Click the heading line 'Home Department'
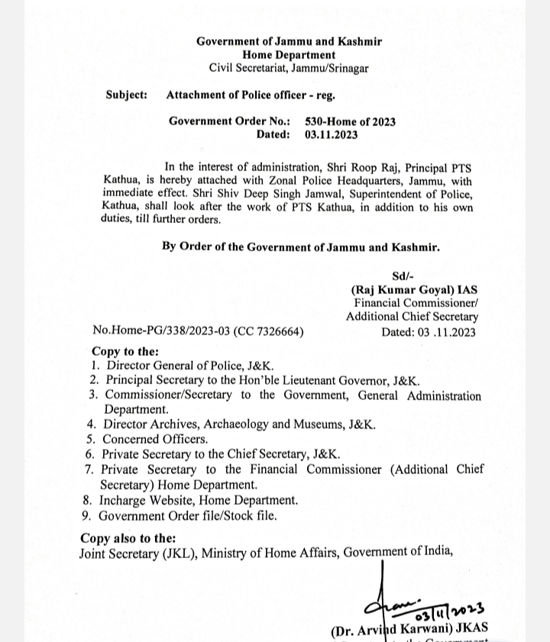click(289, 55)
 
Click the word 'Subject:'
click(127, 95)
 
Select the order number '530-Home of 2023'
click(350, 121)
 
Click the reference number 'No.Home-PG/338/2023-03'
click(161, 331)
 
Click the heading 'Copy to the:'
click(125, 352)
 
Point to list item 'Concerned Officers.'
click(155, 439)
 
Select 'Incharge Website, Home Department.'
click(199, 500)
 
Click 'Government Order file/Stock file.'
click(188, 515)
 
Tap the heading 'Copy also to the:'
click(128, 538)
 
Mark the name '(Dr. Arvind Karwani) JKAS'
click(409, 631)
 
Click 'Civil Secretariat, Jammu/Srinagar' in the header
click(289, 68)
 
